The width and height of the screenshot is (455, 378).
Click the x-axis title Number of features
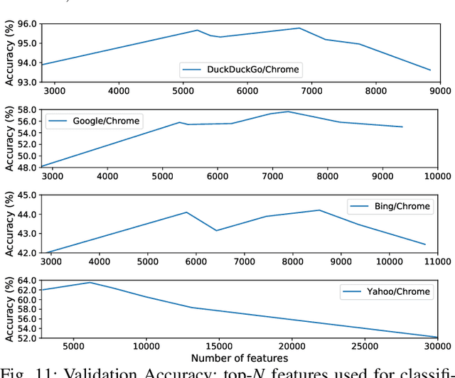pos(240,358)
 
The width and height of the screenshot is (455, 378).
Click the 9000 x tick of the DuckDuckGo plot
pos(440,91)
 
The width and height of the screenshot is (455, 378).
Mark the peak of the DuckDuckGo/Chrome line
pos(299,28)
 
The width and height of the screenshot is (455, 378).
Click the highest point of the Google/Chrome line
pos(288,112)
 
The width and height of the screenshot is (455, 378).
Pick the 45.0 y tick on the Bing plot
pos(27,195)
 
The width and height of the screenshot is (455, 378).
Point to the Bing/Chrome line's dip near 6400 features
pos(216,230)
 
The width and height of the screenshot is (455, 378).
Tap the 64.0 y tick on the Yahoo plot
pos(27,281)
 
